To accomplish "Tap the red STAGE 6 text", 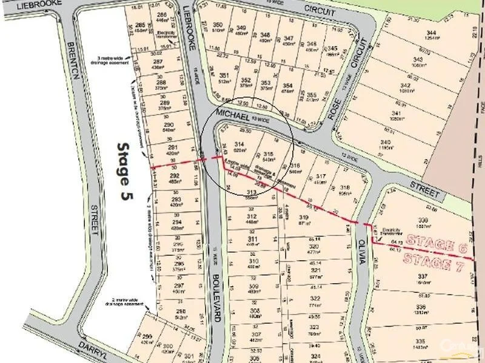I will click(439, 244).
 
